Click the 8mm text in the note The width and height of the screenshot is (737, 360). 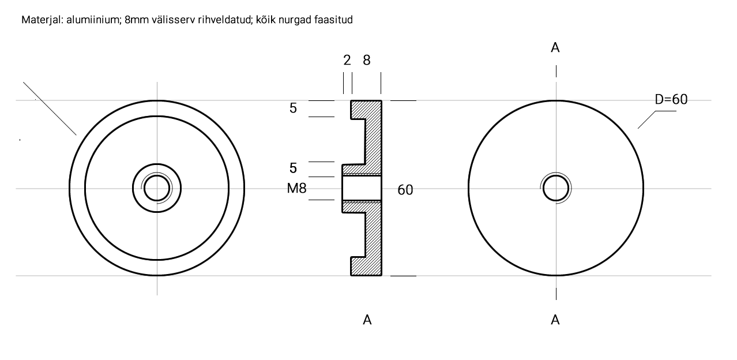[x=136, y=20]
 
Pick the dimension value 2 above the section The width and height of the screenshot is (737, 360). [x=347, y=60]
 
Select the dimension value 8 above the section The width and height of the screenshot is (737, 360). [x=367, y=60]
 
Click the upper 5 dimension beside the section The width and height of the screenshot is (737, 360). [x=293, y=108]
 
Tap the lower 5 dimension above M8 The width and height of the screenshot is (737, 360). [x=293, y=168]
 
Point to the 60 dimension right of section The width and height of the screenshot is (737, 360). [x=405, y=190]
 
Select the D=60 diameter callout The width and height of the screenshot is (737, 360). [x=671, y=99]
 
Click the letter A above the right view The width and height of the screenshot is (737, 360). [x=555, y=48]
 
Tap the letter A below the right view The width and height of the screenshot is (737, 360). [x=555, y=320]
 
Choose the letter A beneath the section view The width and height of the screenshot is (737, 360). [x=367, y=320]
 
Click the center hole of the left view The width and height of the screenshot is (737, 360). [x=157, y=188]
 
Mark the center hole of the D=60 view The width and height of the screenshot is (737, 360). [x=556, y=188]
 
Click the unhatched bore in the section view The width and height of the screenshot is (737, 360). [x=362, y=188]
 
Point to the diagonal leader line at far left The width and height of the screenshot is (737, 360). [x=50, y=108]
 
